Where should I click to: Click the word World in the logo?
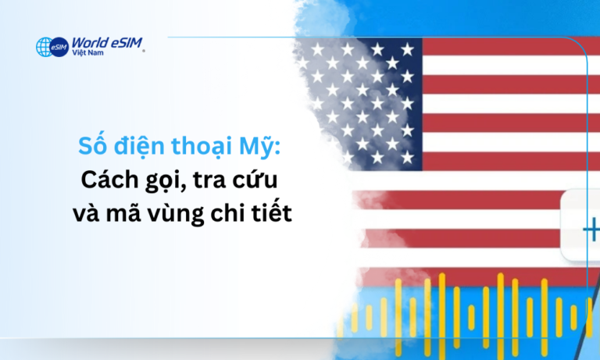(87, 43)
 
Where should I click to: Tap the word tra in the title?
(209, 180)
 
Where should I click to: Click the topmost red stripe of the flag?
(508, 45)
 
